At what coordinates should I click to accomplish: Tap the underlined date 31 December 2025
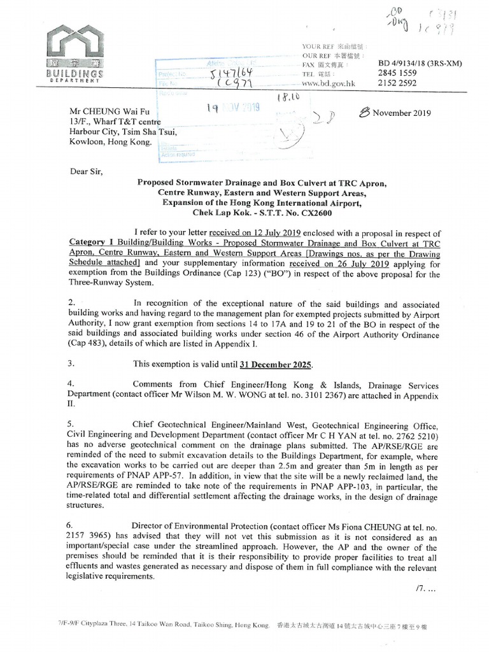click(x=276, y=364)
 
